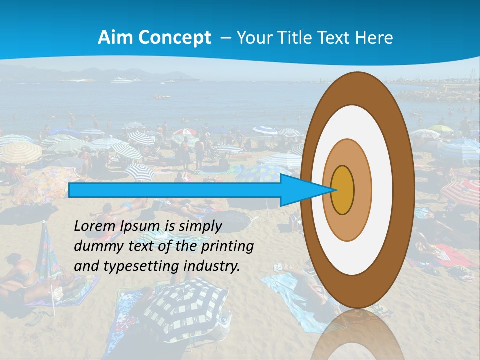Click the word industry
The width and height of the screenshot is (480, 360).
coord(212,266)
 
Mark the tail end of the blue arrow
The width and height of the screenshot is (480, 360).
coord(70,190)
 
